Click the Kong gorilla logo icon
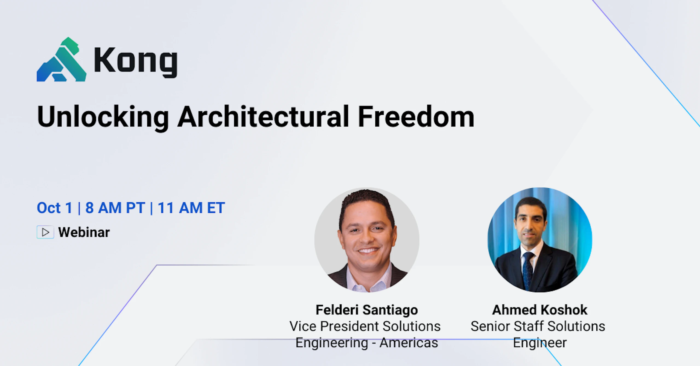62,59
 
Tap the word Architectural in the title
263,117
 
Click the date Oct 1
54,208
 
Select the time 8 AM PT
115,208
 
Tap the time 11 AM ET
191,208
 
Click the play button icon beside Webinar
45,232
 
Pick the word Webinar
84,232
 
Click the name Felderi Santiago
367,310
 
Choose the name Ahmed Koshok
540,310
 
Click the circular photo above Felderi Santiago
367,240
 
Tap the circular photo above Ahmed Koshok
540,240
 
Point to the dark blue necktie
528,271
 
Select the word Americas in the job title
409,343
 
